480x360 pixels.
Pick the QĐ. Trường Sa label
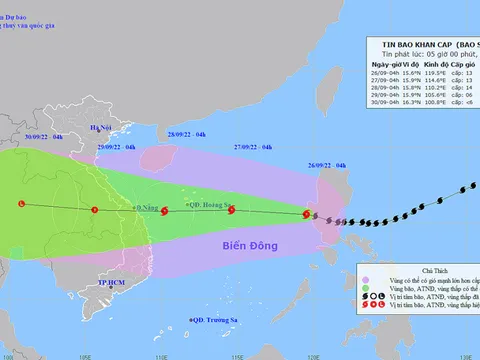[205, 319]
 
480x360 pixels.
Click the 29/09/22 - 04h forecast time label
[116, 146]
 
